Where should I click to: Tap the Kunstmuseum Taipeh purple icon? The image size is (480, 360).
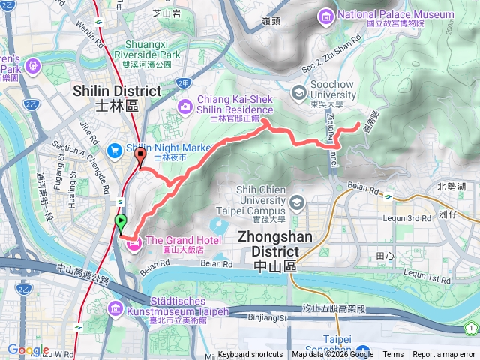115,308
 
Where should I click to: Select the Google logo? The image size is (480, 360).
28,349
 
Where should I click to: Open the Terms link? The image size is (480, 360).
393,355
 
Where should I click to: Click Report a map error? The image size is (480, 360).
444,355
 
